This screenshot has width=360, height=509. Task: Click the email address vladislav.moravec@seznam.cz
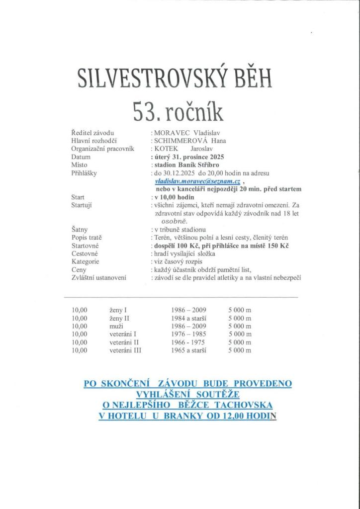[197, 181]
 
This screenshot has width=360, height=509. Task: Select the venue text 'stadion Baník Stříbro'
[187, 165]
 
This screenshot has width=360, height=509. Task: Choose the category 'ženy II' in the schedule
[119, 318]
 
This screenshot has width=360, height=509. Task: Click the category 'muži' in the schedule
[117, 326]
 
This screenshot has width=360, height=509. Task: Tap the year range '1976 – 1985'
[188, 334]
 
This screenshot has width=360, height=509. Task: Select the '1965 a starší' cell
[189, 350]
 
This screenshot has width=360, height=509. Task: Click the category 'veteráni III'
[126, 350]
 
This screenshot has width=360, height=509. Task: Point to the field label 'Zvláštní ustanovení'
[98, 277]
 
